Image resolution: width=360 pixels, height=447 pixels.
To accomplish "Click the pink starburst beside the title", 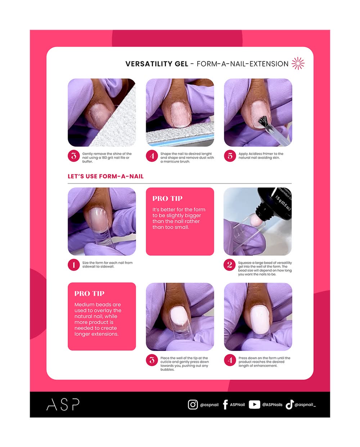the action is pyautogui.click(x=298, y=63).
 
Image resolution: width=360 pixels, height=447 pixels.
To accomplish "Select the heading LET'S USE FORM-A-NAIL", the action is pyautogui.click(x=105, y=176).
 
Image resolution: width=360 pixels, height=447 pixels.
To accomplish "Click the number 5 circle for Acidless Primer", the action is pyautogui.click(x=230, y=156).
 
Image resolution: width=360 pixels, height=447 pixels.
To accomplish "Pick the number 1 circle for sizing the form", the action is pyautogui.click(x=74, y=265).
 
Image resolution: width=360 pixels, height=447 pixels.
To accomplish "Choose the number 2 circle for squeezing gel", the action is pyautogui.click(x=230, y=265).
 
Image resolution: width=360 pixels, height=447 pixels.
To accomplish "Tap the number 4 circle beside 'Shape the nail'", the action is pyautogui.click(x=152, y=156).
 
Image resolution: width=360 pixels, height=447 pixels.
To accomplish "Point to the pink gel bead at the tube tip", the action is pyautogui.click(x=255, y=220).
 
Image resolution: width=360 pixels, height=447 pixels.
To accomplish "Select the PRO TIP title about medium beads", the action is pyautogui.click(x=89, y=293).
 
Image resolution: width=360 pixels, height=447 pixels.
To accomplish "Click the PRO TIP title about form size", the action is pyautogui.click(x=167, y=199).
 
